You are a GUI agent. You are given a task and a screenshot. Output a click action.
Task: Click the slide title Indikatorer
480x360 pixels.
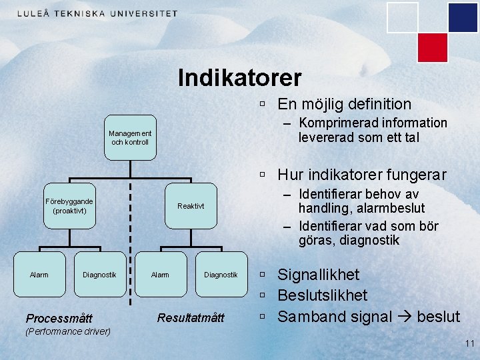(239, 78)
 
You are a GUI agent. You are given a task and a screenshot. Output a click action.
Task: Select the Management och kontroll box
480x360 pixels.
(130, 137)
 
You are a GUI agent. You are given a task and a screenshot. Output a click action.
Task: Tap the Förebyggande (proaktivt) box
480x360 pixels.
(69, 206)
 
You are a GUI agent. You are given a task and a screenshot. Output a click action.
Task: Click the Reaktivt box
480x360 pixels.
(191, 206)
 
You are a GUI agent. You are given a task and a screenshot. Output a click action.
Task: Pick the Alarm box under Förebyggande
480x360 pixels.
(39, 274)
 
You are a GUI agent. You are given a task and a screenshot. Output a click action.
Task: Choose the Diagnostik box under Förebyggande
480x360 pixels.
(99, 274)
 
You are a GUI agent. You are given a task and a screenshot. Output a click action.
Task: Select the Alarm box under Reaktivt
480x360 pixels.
(160, 274)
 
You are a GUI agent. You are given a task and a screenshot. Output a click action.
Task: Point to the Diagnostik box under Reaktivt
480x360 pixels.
(221, 274)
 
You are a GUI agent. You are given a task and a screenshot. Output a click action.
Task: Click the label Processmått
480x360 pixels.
(59, 318)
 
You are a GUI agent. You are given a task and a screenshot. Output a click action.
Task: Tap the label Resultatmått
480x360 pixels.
(191, 317)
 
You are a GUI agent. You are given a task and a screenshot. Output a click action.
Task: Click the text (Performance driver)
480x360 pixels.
(67, 331)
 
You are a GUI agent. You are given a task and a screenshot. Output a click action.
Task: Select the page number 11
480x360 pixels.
(469, 343)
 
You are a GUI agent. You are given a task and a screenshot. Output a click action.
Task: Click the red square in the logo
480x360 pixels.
(432, 47)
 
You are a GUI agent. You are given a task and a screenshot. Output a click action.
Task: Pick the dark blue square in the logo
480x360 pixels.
(463, 18)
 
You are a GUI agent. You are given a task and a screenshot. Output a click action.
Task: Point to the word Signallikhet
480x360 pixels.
(319, 275)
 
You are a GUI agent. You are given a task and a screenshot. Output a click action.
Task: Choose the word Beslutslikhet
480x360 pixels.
(323, 295)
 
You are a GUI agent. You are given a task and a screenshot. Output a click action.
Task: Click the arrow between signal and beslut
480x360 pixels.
(403, 317)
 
